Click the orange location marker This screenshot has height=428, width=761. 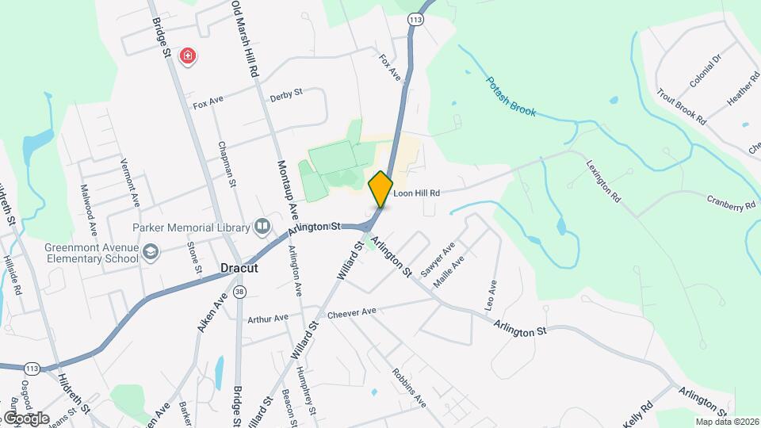coord(380,189)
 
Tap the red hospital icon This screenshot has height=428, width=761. coord(189,56)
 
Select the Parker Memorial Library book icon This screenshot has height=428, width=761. coord(262,227)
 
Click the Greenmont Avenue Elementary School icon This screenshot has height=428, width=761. coord(150,252)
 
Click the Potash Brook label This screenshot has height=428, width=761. coord(511,96)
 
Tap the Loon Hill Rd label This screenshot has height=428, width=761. coord(416,192)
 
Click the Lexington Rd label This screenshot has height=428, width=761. coord(603,181)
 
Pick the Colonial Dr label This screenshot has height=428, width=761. coord(706,71)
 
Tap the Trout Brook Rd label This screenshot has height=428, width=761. coord(681,107)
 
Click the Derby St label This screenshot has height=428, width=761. coord(286,93)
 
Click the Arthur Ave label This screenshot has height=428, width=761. coord(268,319)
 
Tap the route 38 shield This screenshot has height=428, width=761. coord(239,292)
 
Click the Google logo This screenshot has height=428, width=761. coord(26,418)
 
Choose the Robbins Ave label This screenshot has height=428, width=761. coord(408,388)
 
